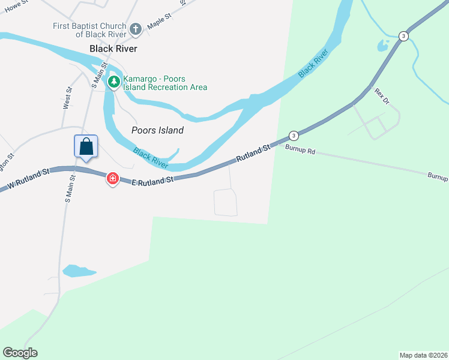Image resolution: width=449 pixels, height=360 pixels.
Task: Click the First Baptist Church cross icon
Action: tap(136, 29)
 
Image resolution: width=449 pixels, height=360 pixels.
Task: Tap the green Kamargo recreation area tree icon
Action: tap(113, 81)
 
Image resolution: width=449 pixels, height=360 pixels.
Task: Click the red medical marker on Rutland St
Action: tap(112, 178)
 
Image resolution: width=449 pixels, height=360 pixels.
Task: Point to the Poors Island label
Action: tap(157, 130)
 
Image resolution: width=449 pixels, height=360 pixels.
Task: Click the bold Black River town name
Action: tap(113, 49)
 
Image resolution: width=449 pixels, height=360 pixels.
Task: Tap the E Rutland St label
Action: tap(152, 179)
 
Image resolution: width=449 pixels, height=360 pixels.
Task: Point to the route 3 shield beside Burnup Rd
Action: tap(293, 135)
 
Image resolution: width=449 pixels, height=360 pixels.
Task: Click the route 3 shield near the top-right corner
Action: tap(403, 36)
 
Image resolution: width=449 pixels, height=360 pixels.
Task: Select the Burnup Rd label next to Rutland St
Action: tap(300, 151)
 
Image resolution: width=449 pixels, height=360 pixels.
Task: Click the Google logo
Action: tap(20, 353)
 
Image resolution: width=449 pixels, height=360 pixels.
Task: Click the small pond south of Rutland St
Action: tap(77, 271)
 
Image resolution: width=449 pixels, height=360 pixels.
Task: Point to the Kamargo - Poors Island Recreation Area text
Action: tap(165, 83)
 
